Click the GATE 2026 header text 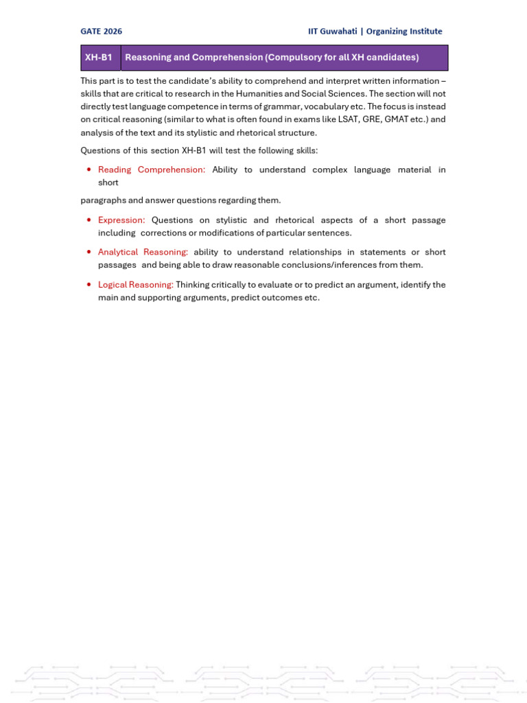point(102,32)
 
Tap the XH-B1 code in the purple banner point(98,58)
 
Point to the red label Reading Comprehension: point(152,170)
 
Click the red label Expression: point(121,220)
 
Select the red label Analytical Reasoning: point(143,253)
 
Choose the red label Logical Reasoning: point(136,285)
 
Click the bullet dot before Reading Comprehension point(89,170)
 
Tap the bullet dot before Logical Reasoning point(89,285)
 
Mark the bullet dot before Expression point(89,220)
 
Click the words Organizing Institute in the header point(404,32)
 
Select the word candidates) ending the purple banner point(395,58)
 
